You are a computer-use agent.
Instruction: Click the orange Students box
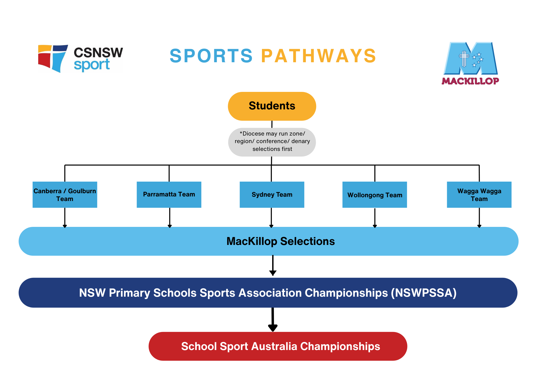(x=272, y=106)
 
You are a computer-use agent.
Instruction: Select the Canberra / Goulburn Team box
(x=65, y=195)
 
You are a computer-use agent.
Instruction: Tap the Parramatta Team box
(x=169, y=195)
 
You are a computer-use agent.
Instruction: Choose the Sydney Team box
(x=272, y=195)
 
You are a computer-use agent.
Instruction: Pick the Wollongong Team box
(x=375, y=195)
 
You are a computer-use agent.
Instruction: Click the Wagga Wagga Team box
(x=479, y=195)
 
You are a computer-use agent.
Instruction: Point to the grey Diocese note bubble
(x=272, y=142)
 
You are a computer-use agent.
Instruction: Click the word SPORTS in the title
(x=211, y=56)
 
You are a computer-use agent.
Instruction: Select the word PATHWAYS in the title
(x=319, y=56)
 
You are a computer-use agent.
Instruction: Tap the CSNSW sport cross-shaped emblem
(x=53, y=58)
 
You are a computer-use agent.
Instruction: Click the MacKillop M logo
(x=471, y=58)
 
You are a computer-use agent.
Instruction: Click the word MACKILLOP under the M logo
(x=470, y=81)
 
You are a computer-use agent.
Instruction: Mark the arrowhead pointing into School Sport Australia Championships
(x=273, y=328)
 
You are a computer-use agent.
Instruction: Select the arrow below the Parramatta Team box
(x=170, y=217)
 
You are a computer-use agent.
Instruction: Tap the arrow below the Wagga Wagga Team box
(x=479, y=217)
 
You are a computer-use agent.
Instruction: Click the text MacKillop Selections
(x=280, y=241)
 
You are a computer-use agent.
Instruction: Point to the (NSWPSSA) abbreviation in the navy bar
(x=424, y=293)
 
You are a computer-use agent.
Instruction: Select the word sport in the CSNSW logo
(x=92, y=65)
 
